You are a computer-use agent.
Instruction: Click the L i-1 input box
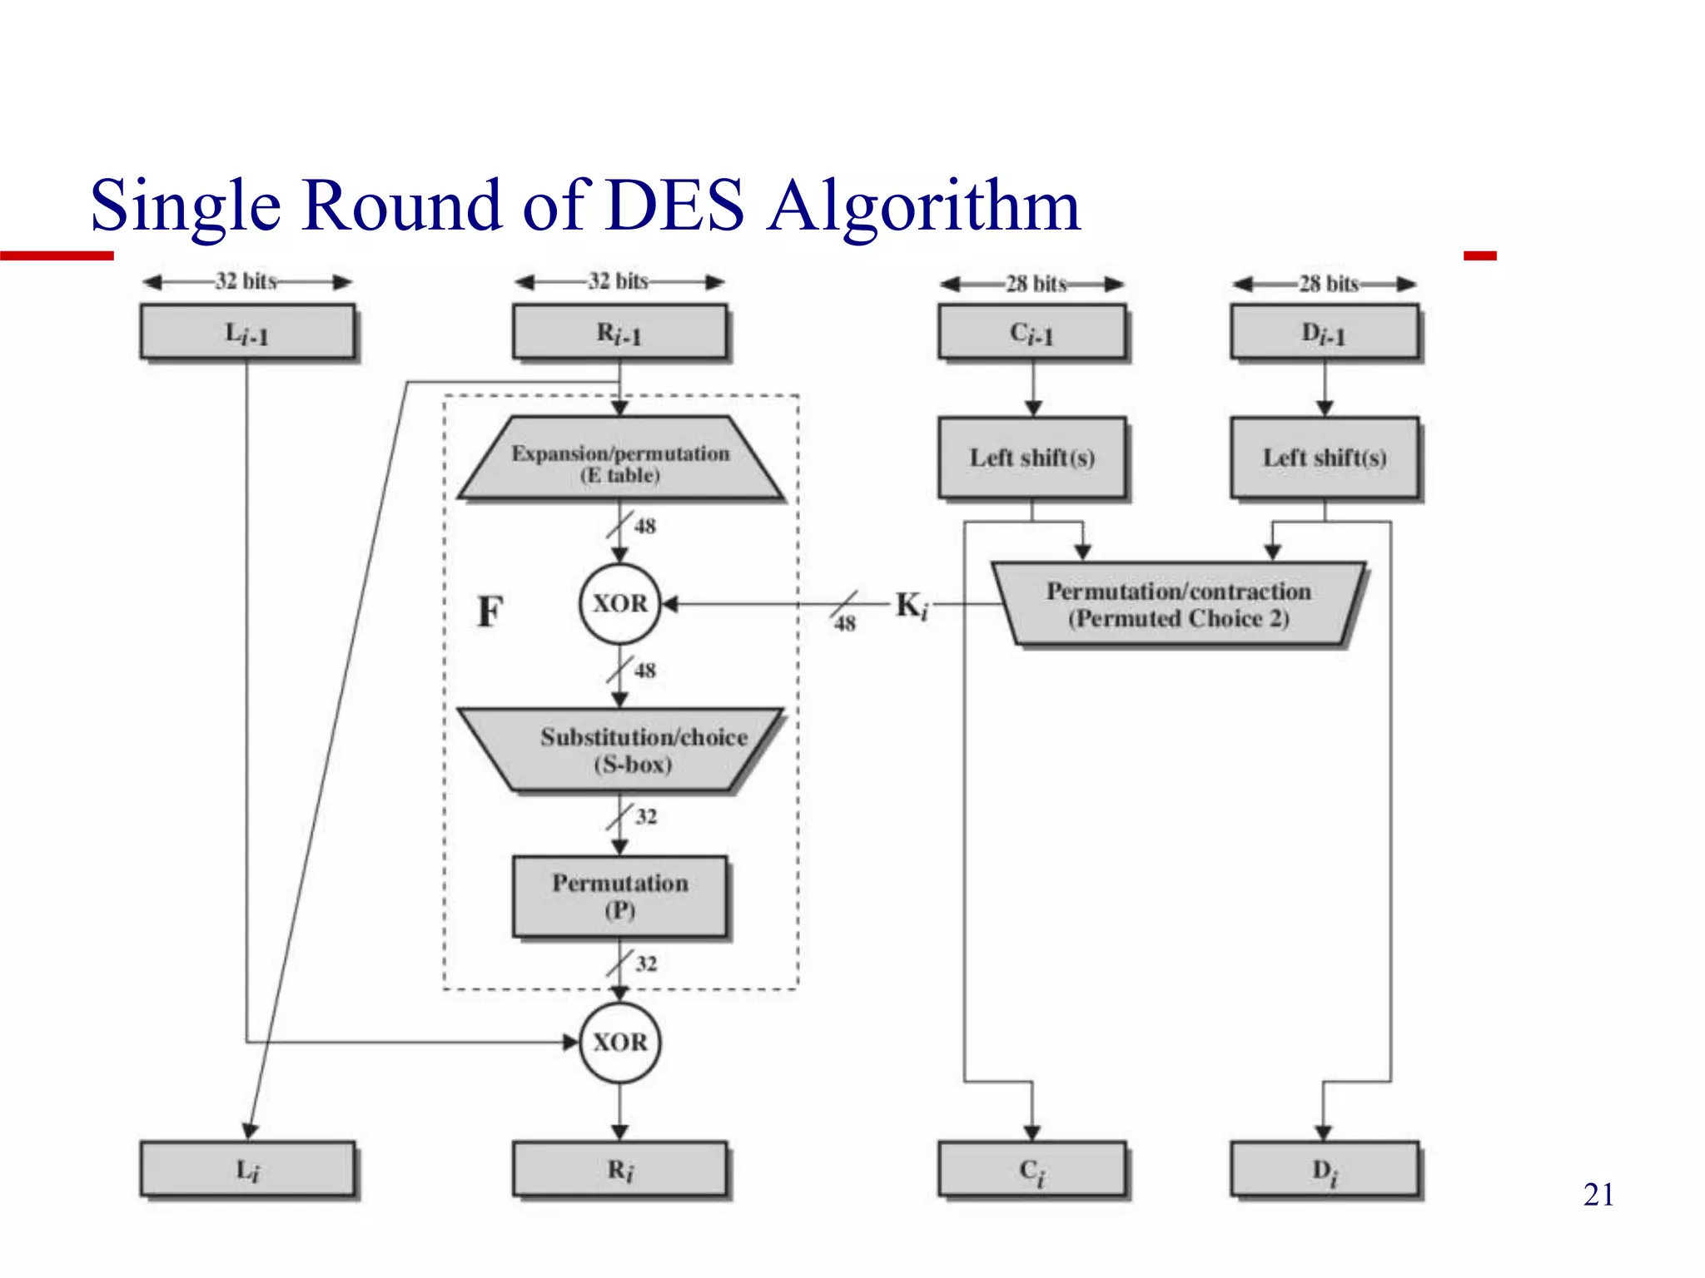coord(247,332)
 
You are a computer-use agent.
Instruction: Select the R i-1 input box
coord(619,332)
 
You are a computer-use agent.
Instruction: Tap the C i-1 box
coord(1031,332)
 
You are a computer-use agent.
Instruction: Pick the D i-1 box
coord(1325,332)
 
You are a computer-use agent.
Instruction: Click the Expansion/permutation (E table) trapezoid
coord(620,459)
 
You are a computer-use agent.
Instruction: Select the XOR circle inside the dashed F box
coord(619,603)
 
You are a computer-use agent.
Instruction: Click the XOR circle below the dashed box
coord(619,1042)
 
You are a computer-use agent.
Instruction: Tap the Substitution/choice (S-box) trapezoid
coord(620,750)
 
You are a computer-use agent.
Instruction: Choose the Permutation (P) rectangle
coord(619,896)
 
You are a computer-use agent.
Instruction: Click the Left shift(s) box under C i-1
coord(1031,458)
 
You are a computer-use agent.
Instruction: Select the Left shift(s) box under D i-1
coord(1325,458)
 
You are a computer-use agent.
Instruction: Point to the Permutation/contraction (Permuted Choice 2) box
coord(1178,605)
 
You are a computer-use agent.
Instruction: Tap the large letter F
coord(490,612)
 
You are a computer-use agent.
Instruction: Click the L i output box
coord(247,1169)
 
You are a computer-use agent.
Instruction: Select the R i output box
coord(619,1169)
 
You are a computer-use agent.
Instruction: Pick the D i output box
coord(1325,1169)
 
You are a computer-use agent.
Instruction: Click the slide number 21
coord(1598,1195)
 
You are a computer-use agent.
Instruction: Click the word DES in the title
coord(674,205)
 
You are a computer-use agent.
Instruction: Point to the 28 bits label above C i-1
coord(1036,284)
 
